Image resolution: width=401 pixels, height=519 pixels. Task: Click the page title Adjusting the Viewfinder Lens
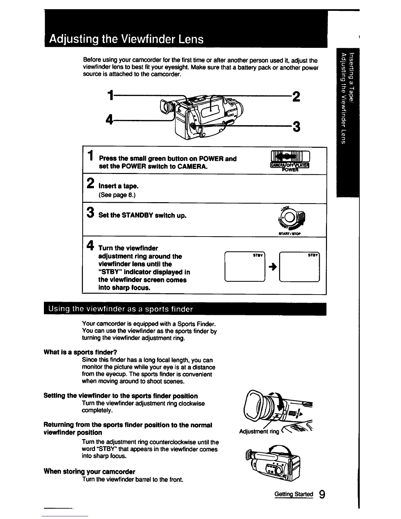tap(126, 39)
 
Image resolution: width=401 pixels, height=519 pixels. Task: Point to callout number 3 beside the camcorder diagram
tap(296, 126)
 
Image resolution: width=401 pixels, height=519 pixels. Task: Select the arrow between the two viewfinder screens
tap(272, 267)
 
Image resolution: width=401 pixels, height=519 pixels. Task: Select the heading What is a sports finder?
tap(81, 352)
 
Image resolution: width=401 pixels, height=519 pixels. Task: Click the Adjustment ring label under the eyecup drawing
tap(259, 432)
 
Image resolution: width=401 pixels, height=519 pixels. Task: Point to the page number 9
tap(322, 494)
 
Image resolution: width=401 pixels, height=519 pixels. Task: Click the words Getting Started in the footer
tap(294, 494)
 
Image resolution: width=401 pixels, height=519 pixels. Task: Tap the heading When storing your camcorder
tap(89, 471)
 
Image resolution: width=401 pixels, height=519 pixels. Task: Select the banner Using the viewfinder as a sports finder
tap(121, 309)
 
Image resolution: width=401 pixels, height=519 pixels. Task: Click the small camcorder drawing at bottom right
tap(274, 462)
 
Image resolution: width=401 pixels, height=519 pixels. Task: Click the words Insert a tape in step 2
tap(118, 186)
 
